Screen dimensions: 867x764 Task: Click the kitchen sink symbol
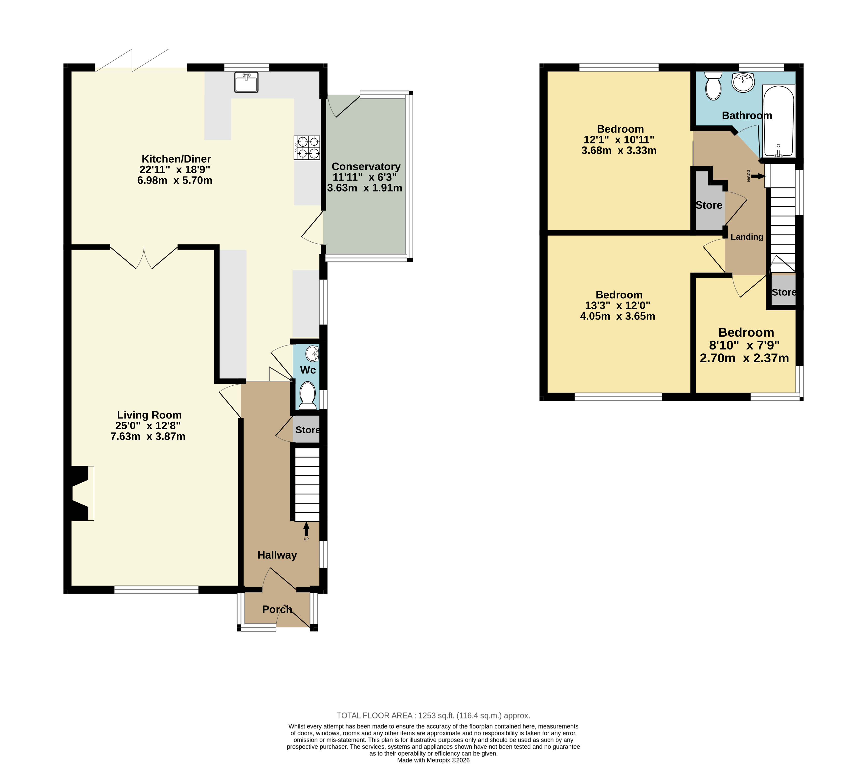click(246, 82)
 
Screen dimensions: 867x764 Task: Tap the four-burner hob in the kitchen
click(307, 147)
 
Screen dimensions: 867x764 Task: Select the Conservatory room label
click(366, 166)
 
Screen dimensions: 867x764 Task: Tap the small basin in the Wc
click(313, 352)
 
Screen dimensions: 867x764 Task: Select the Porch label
click(277, 609)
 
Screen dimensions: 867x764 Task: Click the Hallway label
click(277, 555)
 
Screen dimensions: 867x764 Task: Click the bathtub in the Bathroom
click(778, 121)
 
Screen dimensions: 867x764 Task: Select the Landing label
click(747, 237)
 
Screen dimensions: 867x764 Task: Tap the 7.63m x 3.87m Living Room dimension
click(148, 436)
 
